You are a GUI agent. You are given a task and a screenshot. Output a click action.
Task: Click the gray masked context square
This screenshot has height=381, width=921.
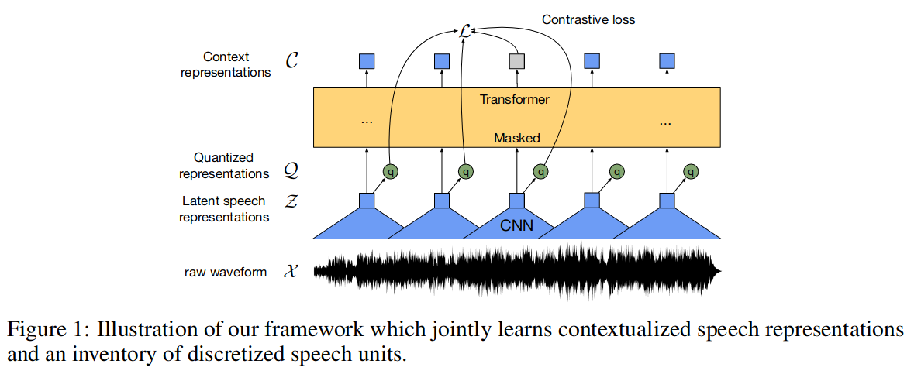pyautogui.click(x=516, y=60)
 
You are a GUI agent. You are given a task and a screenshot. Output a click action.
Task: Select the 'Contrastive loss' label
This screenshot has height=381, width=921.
pyautogui.click(x=588, y=19)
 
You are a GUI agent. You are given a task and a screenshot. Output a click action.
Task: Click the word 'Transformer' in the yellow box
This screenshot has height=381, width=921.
pyautogui.click(x=514, y=100)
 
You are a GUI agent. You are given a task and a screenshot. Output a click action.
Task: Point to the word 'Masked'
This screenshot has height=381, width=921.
pyautogui.click(x=516, y=138)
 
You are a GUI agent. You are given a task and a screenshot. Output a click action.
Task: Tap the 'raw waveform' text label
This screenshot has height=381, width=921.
pyautogui.click(x=226, y=272)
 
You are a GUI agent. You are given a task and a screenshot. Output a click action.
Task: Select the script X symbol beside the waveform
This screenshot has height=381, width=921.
pyautogui.click(x=291, y=272)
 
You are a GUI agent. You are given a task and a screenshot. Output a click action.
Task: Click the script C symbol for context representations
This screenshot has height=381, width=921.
pyautogui.click(x=291, y=61)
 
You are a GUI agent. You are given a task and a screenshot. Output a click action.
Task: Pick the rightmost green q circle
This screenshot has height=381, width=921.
pyautogui.click(x=691, y=172)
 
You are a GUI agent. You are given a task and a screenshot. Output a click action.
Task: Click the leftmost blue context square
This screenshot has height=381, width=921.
pyautogui.click(x=367, y=60)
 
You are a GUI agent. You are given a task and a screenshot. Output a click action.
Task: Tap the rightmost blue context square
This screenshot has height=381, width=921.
pyautogui.click(x=667, y=60)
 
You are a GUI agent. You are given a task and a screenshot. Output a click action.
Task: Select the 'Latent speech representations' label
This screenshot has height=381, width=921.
pyautogui.click(x=224, y=209)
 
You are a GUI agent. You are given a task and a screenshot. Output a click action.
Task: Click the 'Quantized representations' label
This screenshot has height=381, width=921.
pyautogui.click(x=224, y=166)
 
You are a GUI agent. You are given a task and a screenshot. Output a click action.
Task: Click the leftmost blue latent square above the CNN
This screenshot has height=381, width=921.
pyautogui.click(x=367, y=201)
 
